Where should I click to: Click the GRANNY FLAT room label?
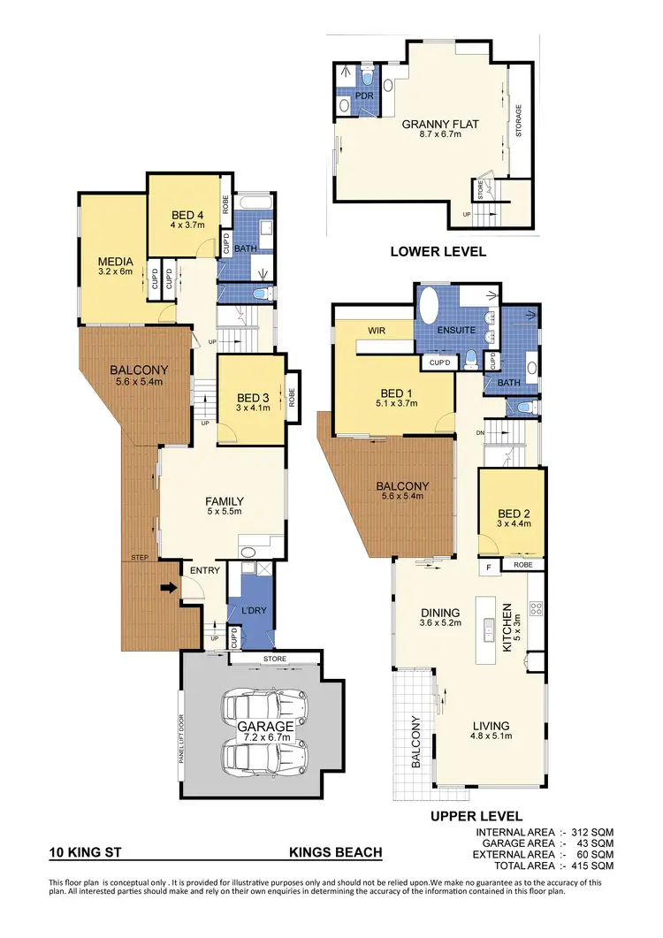pyautogui.click(x=439, y=125)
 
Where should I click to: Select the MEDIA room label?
pyautogui.click(x=115, y=262)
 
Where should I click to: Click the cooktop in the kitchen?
pyautogui.click(x=535, y=608)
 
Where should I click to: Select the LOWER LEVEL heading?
pyautogui.click(x=438, y=252)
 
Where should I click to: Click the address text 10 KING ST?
pyautogui.click(x=87, y=853)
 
